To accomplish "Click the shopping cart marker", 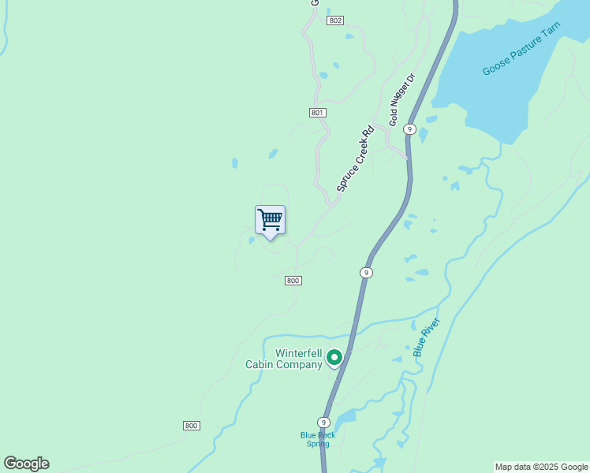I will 270,220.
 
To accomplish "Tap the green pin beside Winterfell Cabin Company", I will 334,359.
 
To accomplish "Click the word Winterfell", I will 298,353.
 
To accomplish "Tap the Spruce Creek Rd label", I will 354,160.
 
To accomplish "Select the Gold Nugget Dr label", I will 401,100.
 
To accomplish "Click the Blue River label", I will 426,337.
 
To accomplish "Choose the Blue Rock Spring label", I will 317,439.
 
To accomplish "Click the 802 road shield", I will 335,20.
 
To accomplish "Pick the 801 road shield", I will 318,113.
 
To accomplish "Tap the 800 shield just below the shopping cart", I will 293,281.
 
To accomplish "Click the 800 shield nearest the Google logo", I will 191,426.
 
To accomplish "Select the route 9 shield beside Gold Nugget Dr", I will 409,128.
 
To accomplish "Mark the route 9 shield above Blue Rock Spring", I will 323,423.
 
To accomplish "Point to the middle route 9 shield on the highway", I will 366,272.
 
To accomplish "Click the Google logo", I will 26,464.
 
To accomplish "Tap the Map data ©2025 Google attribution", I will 541,467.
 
